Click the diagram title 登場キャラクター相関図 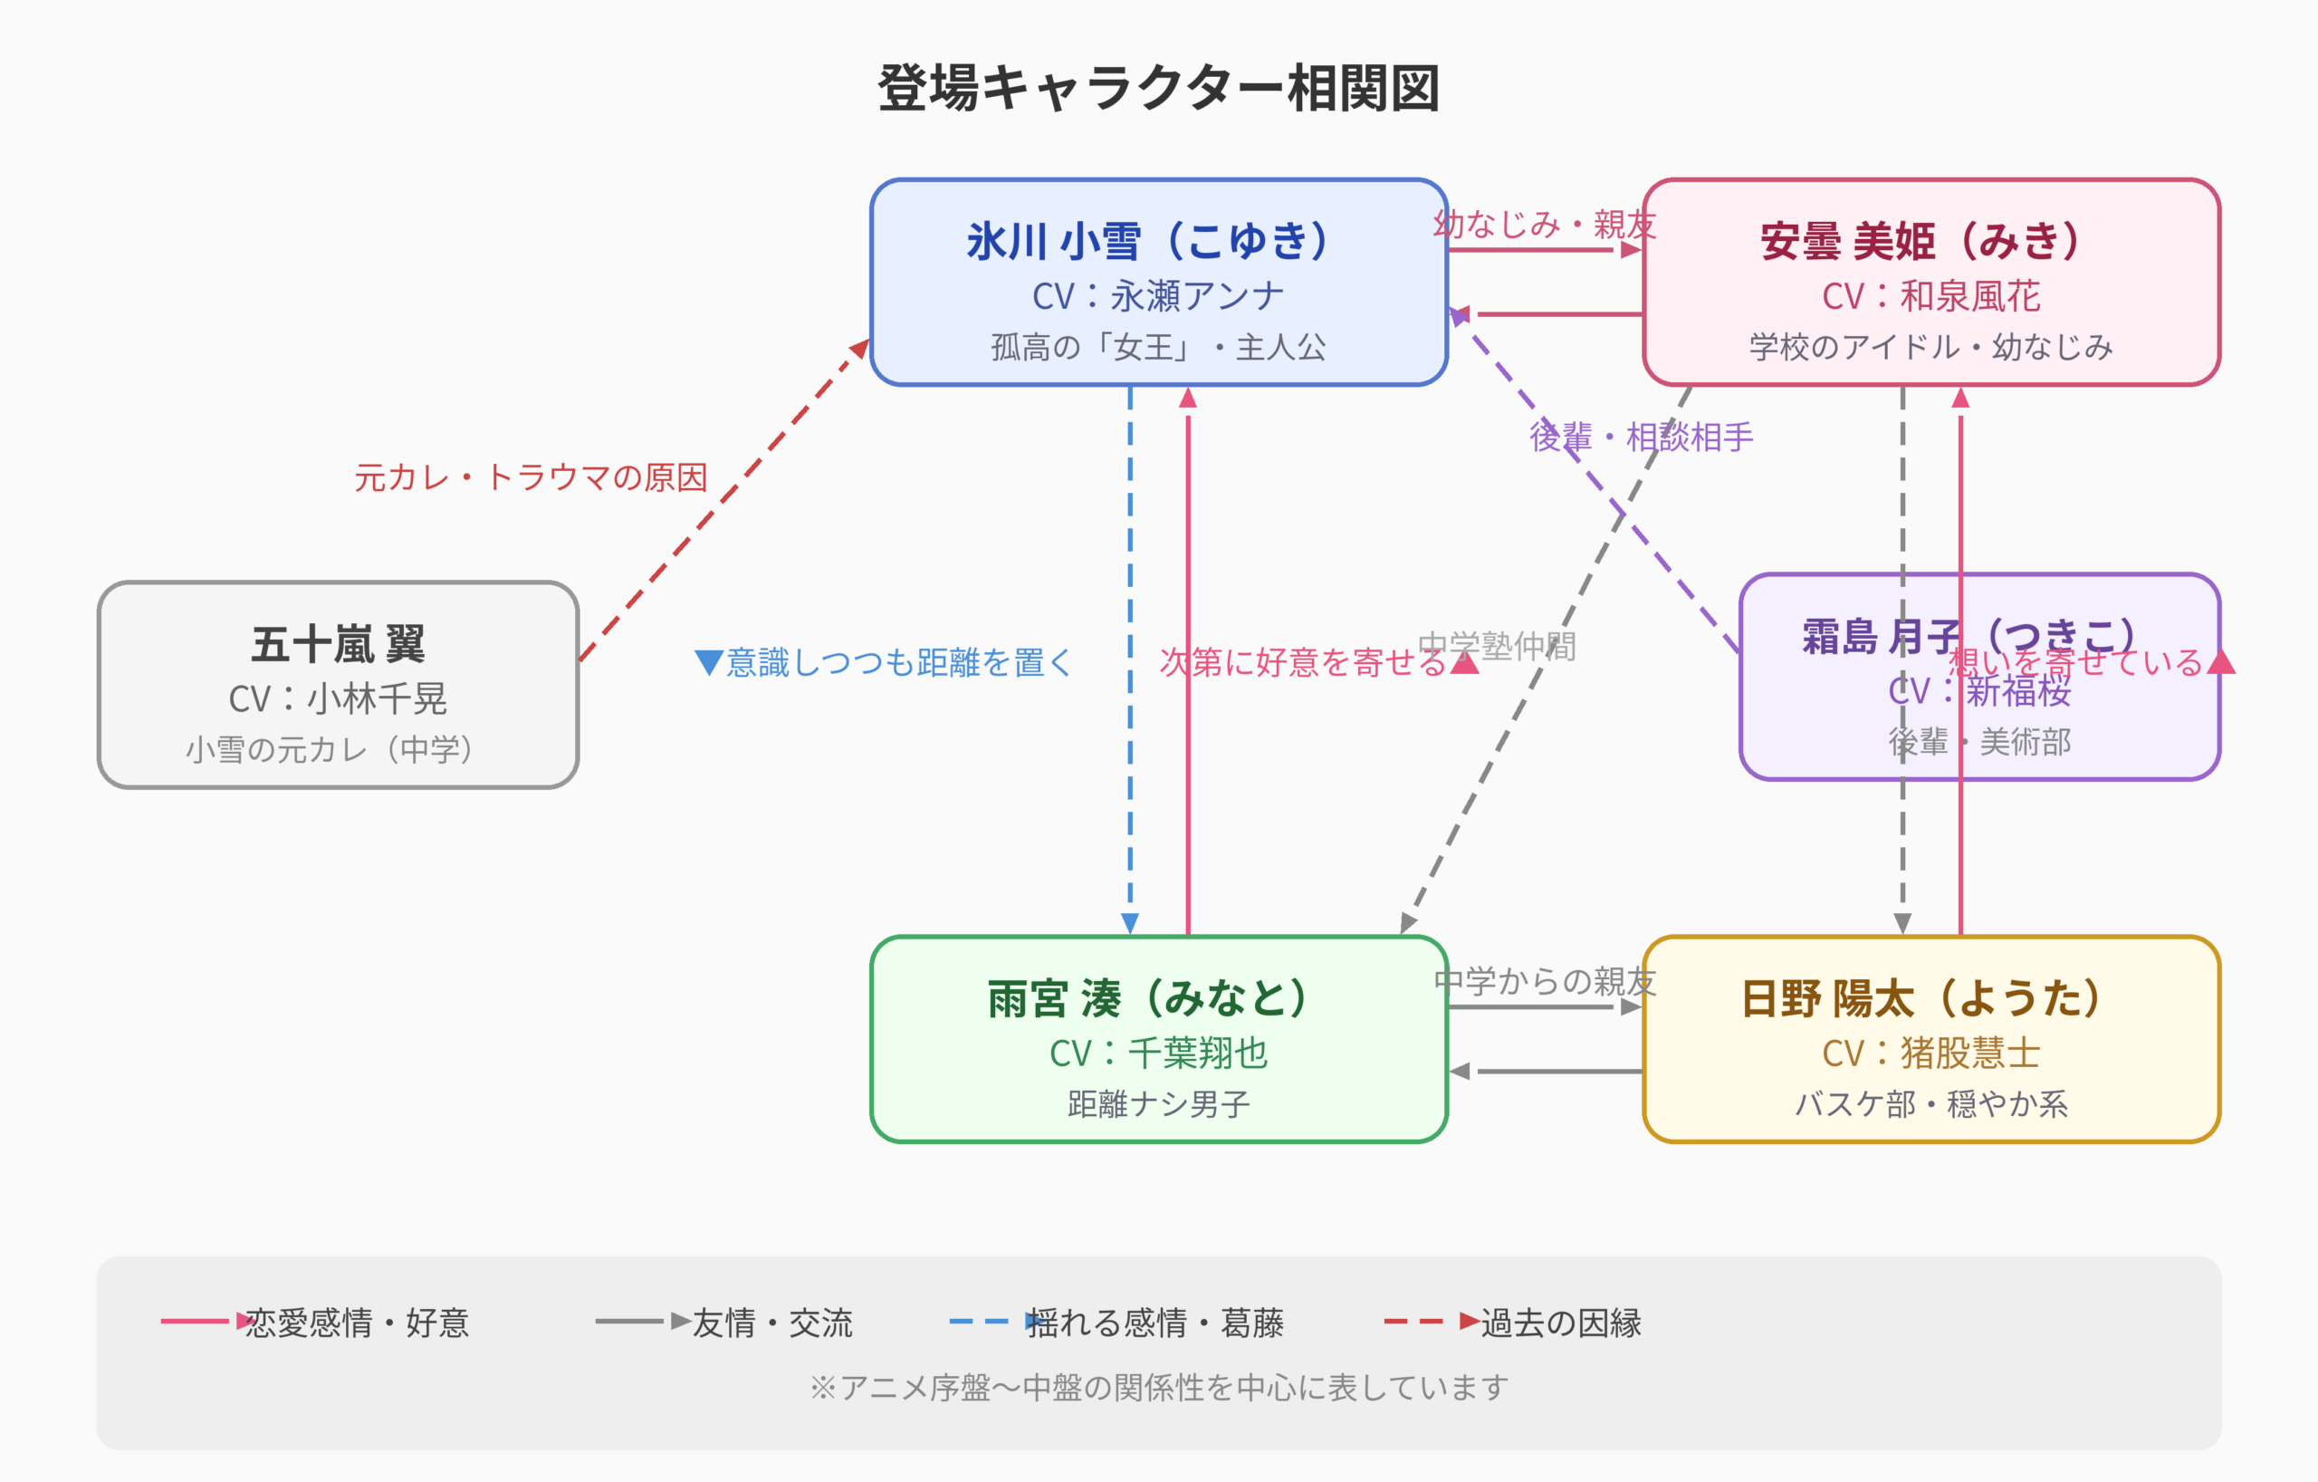coord(1158,89)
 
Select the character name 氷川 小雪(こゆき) coord(1149,241)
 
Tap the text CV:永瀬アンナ coord(1158,295)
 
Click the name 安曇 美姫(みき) coord(1921,241)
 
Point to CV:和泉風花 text coord(1930,295)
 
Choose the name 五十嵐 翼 coord(338,643)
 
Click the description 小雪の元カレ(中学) coord(330,749)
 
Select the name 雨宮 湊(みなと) coord(1149,997)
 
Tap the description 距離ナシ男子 coord(1158,1103)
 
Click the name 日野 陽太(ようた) coord(1921,997)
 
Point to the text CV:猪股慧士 coord(1930,1053)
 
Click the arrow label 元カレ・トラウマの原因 coord(531,477)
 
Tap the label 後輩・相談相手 coord(1642,438)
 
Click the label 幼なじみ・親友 coord(1544,225)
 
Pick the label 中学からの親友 coord(1544,981)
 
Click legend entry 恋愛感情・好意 coord(356,1323)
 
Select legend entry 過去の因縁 coord(1560,1323)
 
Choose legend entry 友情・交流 coord(772,1323)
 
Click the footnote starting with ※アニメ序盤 coord(1158,1388)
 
